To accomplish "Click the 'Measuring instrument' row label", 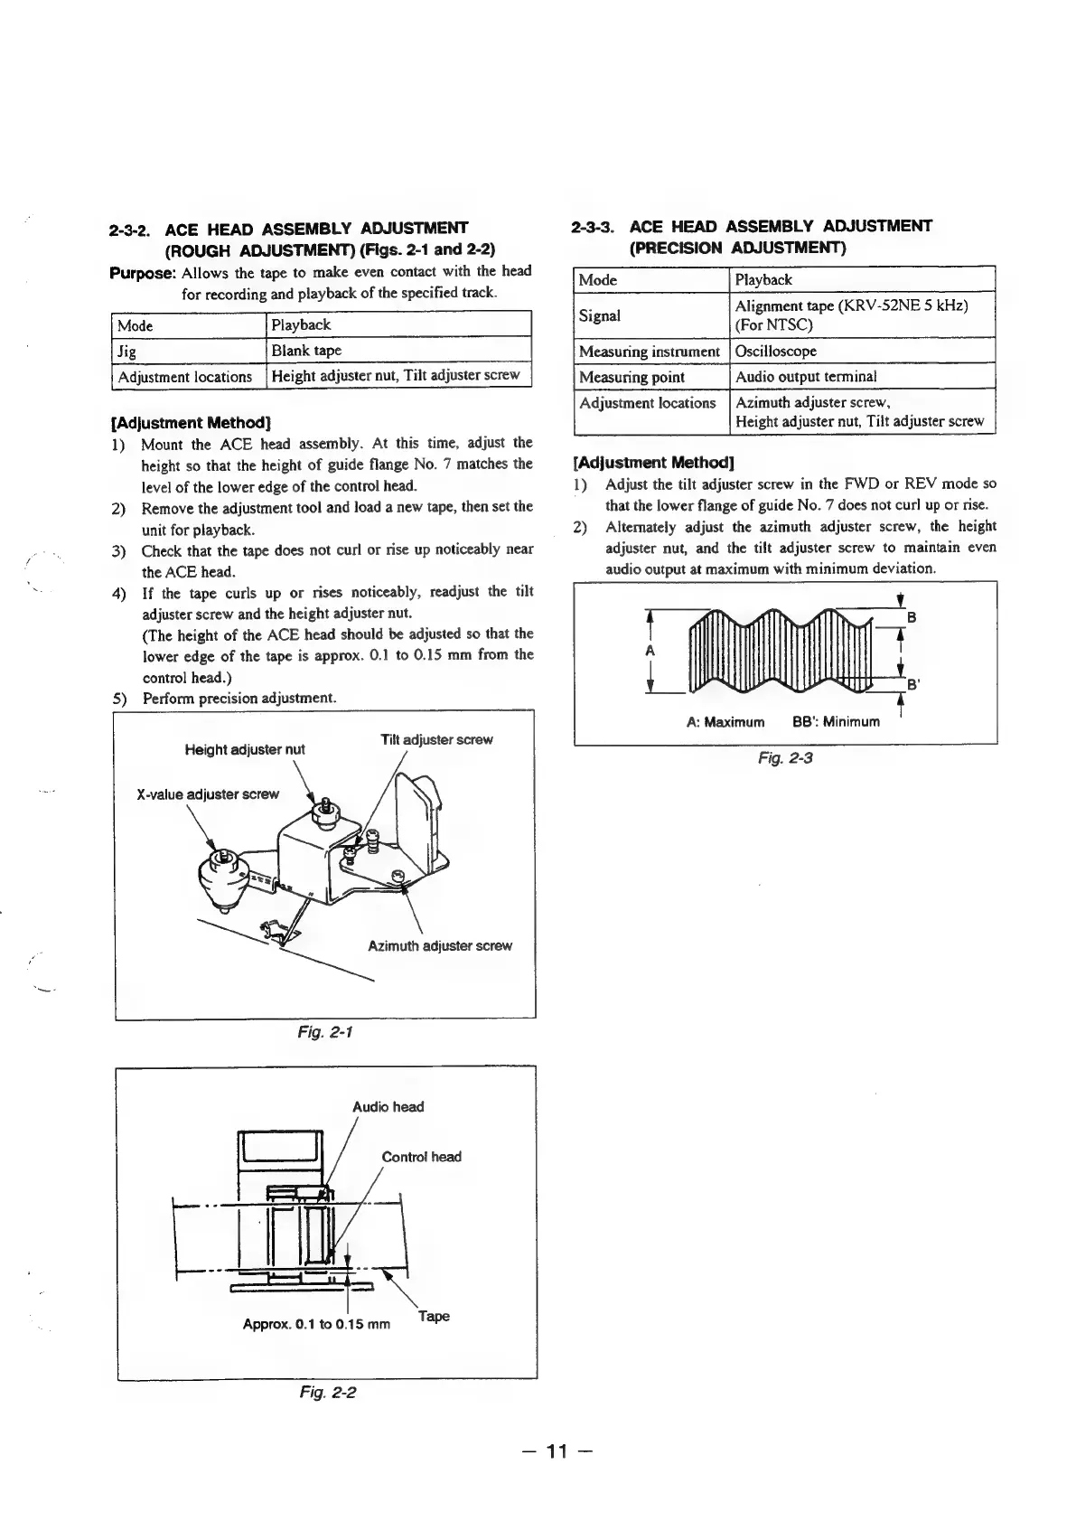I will [x=649, y=351].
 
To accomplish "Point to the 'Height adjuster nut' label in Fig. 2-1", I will [x=244, y=749].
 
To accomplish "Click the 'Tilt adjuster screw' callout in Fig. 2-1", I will [x=436, y=739].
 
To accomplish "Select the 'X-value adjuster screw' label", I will [x=207, y=794].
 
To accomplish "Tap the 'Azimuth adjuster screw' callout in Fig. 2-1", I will [x=439, y=946].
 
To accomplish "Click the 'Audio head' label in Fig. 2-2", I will [x=388, y=1107].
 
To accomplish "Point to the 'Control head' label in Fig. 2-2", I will [x=421, y=1157].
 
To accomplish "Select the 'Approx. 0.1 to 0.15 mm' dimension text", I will [x=316, y=1325].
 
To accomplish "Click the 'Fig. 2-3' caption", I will [x=785, y=757].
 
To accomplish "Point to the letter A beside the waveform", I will [x=650, y=651].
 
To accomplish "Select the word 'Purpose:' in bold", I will [x=142, y=272].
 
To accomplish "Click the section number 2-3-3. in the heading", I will [x=593, y=226].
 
